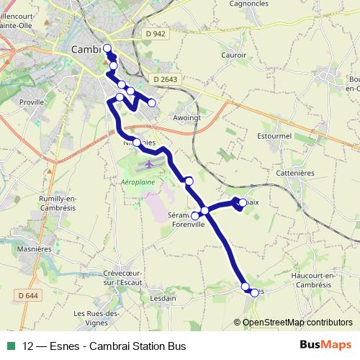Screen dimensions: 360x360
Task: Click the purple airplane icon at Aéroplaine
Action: click(149, 164)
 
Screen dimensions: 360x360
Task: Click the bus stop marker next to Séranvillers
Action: click(194, 215)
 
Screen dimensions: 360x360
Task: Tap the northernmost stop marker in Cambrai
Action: click(107, 48)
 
